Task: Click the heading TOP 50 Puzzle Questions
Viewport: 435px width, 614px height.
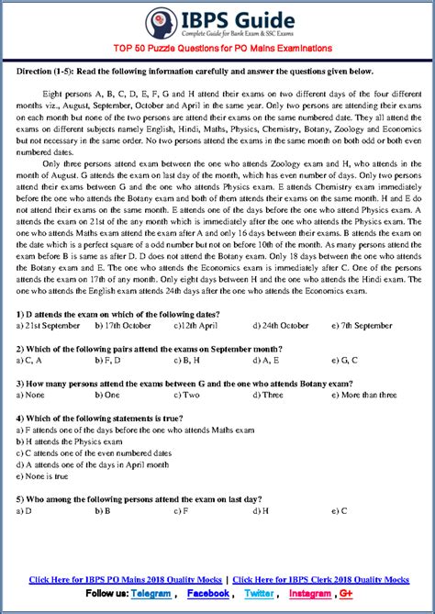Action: (217, 48)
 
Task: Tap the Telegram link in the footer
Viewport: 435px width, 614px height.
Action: (151, 594)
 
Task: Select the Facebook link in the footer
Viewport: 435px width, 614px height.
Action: (208, 594)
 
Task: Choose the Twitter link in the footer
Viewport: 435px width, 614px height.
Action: (259, 594)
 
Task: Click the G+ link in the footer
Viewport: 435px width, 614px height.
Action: (348, 594)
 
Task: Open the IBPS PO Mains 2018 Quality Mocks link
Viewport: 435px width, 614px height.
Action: (127, 580)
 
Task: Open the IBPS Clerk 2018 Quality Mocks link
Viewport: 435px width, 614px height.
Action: (320, 580)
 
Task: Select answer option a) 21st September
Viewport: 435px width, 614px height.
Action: (47, 325)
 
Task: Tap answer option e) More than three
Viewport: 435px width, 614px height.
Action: (363, 395)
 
